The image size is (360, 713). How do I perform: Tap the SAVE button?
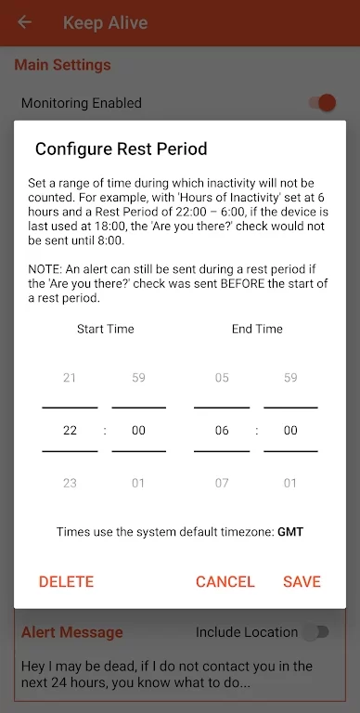click(x=302, y=581)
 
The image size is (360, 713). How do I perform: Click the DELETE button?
click(x=67, y=581)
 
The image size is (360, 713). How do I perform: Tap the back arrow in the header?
click(x=24, y=22)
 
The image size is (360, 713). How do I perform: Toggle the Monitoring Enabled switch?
click(x=322, y=103)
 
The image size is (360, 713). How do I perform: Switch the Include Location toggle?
click(x=316, y=632)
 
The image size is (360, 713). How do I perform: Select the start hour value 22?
click(x=70, y=430)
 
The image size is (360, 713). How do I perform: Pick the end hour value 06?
click(x=222, y=430)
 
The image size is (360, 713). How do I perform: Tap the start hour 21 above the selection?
click(x=70, y=378)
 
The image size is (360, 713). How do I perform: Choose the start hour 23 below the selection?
click(x=70, y=483)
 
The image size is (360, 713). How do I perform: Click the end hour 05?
click(x=222, y=378)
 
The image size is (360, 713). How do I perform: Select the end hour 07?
click(x=222, y=483)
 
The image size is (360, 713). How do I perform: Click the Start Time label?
click(x=106, y=329)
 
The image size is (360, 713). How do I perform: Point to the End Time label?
click(x=257, y=329)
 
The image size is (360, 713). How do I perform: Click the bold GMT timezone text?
click(x=290, y=532)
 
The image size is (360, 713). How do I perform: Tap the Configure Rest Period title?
click(x=122, y=149)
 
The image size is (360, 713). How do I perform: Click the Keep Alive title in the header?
click(x=106, y=22)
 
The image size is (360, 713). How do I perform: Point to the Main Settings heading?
click(x=63, y=65)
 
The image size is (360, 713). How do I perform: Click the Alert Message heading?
click(x=72, y=632)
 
